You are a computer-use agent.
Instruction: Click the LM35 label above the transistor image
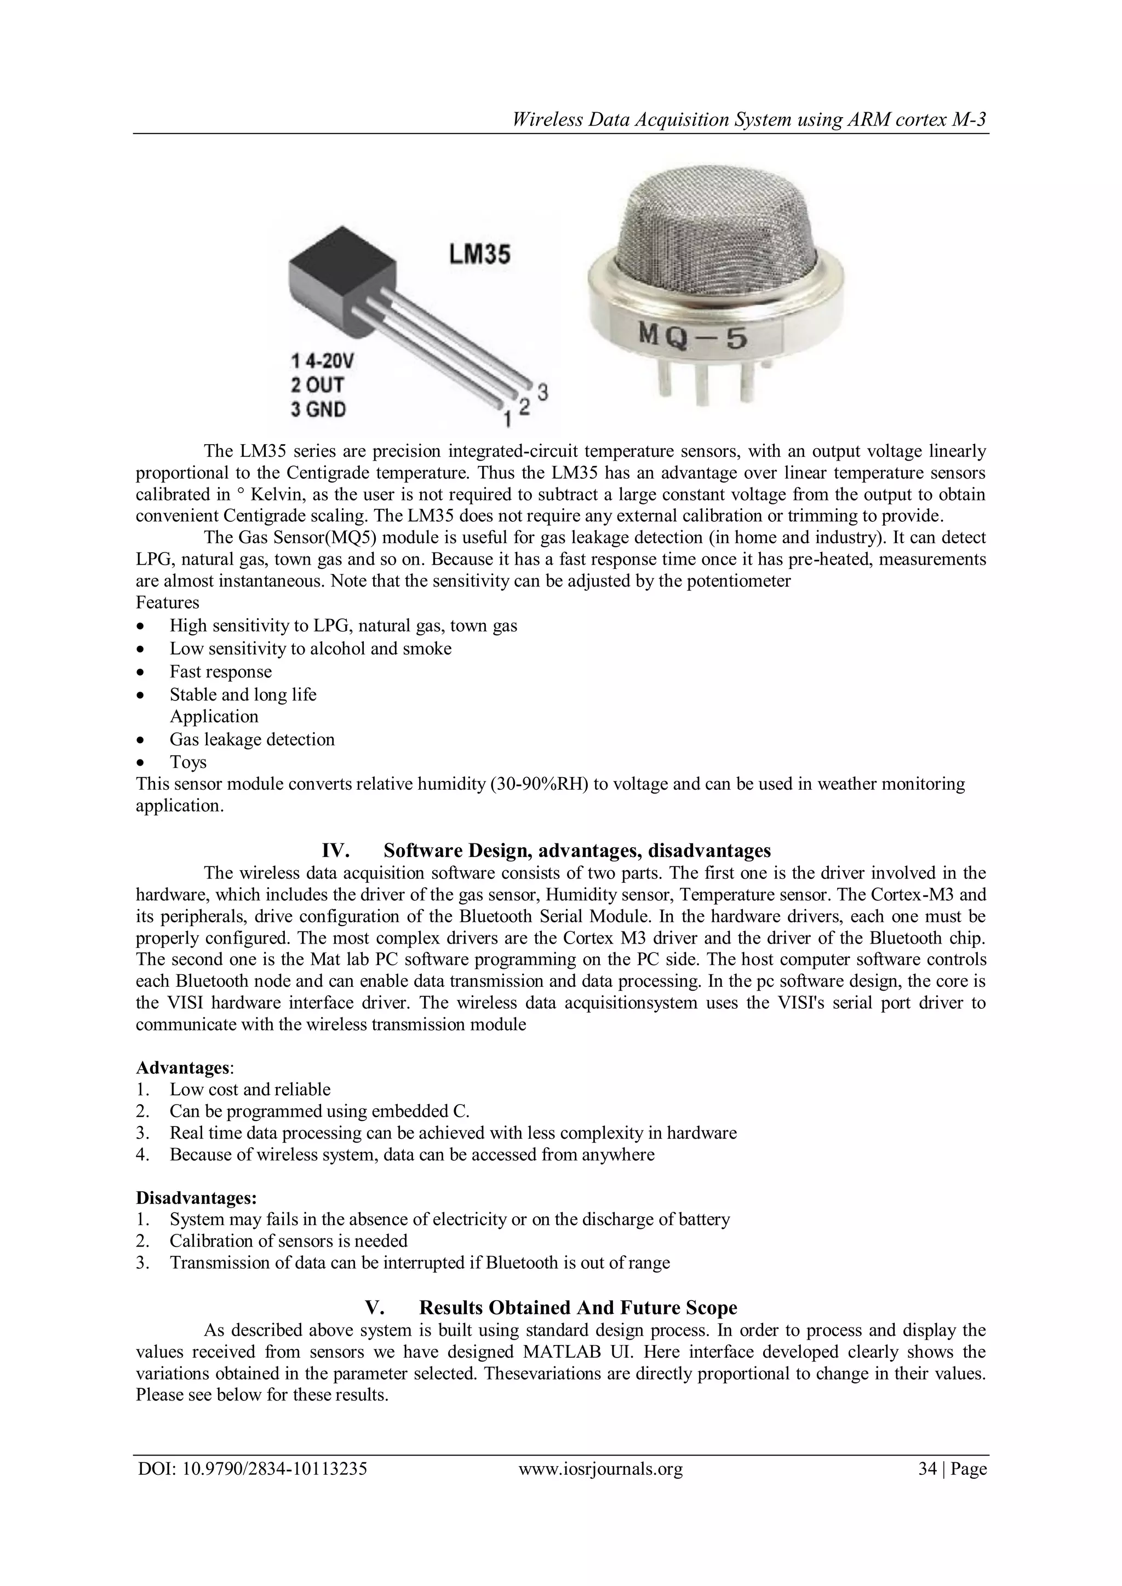479,254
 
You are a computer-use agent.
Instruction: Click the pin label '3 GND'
318,410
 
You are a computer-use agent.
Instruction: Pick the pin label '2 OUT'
317,385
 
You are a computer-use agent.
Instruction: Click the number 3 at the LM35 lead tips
543,392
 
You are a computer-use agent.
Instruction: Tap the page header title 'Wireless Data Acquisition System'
749,120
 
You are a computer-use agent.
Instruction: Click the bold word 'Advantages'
182,1067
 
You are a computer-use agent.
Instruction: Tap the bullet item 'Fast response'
220,671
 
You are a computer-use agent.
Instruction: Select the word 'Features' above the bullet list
167,602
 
